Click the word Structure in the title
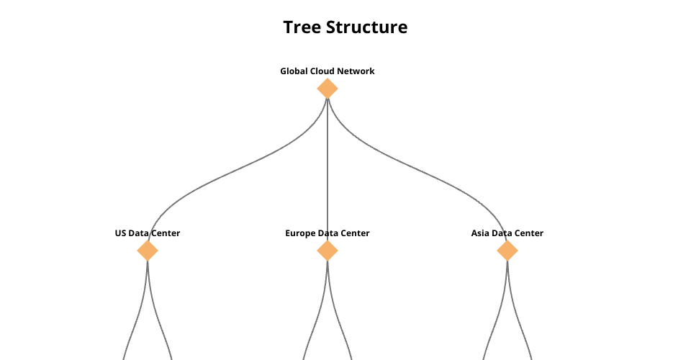tap(366, 27)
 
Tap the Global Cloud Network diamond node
tap(328, 89)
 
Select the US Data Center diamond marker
tap(148, 251)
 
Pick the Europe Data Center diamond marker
tap(328, 251)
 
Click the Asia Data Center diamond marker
tap(507, 251)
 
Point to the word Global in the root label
tap(294, 71)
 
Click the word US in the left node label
tap(121, 233)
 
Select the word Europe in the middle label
tap(300, 233)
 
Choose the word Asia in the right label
tap(481, 233)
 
